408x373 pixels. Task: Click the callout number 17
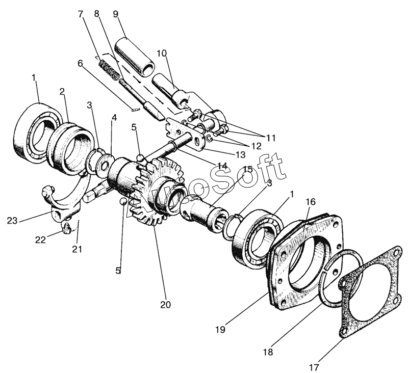coord(314,367)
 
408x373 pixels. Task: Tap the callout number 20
coord(165,304)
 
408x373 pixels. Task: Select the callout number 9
coord(116,14)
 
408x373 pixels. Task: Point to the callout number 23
coord(12,221)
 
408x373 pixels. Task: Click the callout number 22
coord(41,239)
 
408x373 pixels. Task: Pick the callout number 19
coord(220,330)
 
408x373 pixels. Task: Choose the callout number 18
coord(268,352)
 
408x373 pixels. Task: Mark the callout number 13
coord(240,155)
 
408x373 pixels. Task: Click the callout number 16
coord(311,202)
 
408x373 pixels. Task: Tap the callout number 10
coord(161,54)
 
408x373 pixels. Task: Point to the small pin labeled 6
coord(135,110)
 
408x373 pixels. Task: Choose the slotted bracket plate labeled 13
coord(184,132)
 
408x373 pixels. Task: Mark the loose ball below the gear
coord(123,201)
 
